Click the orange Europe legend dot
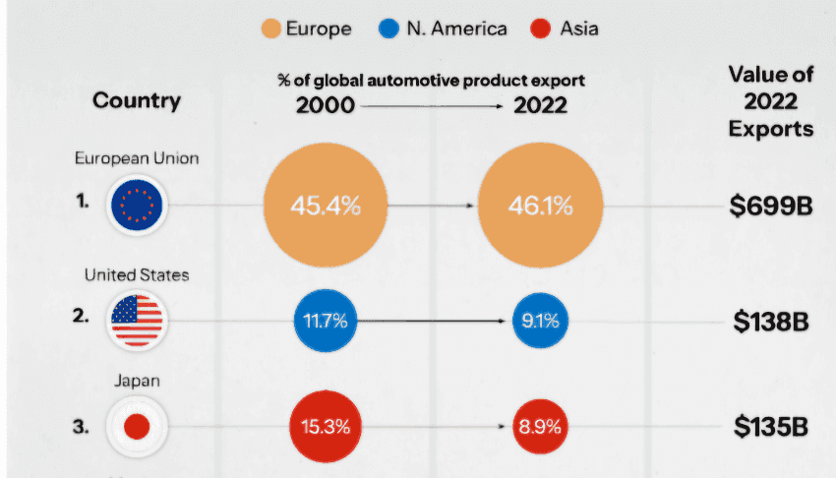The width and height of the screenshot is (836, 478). pos(270,29)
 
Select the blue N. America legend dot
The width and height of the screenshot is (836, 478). pos(388,29)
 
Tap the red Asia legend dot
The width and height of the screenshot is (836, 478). pos(540,29)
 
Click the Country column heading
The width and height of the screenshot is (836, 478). pos(137,100)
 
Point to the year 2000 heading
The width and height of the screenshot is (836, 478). pos(326,105)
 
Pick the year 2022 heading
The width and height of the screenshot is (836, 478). pos(540,105)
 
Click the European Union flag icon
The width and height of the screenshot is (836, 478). pos(137,206)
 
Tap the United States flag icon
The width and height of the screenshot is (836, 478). pos(137,321)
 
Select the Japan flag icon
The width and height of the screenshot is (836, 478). pos(137,427)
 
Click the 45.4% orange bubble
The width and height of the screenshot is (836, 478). pos(326,206)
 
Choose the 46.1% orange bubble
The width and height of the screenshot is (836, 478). pos(540,206)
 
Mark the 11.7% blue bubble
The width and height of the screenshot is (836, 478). pos(326,321)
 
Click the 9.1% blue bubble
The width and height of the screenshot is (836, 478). pos(540,321)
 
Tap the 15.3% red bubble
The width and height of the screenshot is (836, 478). pos(326,426)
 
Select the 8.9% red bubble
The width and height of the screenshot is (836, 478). pos(540,426)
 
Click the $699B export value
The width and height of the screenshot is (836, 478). pos(771,206)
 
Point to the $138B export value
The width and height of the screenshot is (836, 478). pos(771,322)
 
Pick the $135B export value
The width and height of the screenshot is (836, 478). pos(771,427)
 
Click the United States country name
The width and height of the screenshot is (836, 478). pos(137,275)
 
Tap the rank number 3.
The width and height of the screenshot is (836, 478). pos(81,427)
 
